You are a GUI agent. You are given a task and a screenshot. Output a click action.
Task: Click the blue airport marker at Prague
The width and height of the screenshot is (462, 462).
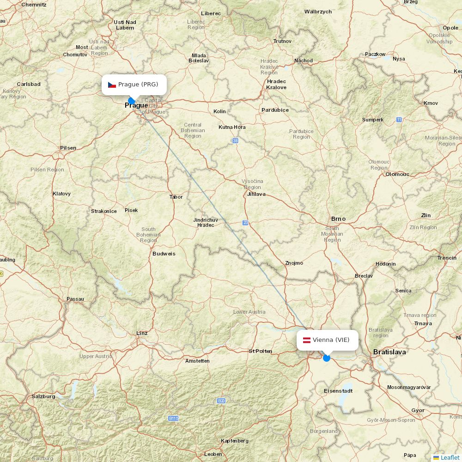pyautogui.click(x=132, y=101)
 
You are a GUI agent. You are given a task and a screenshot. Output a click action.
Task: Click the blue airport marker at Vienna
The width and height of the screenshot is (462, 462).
pyautogui.click(x=327, y=358)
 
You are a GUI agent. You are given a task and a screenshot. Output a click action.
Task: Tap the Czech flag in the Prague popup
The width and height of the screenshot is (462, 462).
pyautogui.click(x=112, y=85)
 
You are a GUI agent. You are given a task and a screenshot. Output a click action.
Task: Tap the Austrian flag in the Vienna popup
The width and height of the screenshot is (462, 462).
pyautogui.click(x=306, y=340)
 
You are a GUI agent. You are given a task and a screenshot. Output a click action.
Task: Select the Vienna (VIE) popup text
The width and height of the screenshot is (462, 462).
pyautogui.click(x=331, y=340)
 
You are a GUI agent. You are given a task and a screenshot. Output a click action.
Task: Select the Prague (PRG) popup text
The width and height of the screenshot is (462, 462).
pyautogui.click(x=138, y=84)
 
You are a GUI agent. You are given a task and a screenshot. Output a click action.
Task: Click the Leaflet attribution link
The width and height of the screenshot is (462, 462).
pyautogui.click(x=450, y=457)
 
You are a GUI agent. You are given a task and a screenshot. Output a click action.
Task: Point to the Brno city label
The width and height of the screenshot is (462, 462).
pyautogui.click(x=338, y=219)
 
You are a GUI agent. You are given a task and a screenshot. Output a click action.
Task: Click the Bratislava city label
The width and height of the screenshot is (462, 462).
pyautogui.click(x=389, y=352)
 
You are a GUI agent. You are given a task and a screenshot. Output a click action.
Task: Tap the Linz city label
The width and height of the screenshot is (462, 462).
pyautogui.click(x=142, y=333)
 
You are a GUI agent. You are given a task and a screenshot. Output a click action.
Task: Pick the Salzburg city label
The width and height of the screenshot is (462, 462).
pyautogui.click(x=43, y=396)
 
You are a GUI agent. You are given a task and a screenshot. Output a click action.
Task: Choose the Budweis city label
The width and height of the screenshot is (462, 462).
pyautogui.click(x=164, y=254)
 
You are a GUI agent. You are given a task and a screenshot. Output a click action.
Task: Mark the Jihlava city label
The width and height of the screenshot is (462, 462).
pyautogui.click(x=256, y=194)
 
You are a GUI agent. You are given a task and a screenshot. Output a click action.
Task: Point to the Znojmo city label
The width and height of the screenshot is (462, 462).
pyautogui.click(x=294, y=263)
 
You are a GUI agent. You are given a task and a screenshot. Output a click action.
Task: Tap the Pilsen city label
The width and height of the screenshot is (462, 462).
pyautogui.click(x=68, y=148)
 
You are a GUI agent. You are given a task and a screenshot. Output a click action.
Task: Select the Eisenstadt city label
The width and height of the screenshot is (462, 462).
pyautogui.click(x=338, y=391)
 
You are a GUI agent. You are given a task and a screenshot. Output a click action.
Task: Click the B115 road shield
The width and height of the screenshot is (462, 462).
pyautogui.click(x=173, y=418)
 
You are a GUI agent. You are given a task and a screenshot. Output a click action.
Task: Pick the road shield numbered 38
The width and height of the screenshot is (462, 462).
pyautogui.click(x=236, y=140)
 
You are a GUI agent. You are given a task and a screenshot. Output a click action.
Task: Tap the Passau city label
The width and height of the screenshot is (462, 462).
pyautogui.click(x=75, y=299)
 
